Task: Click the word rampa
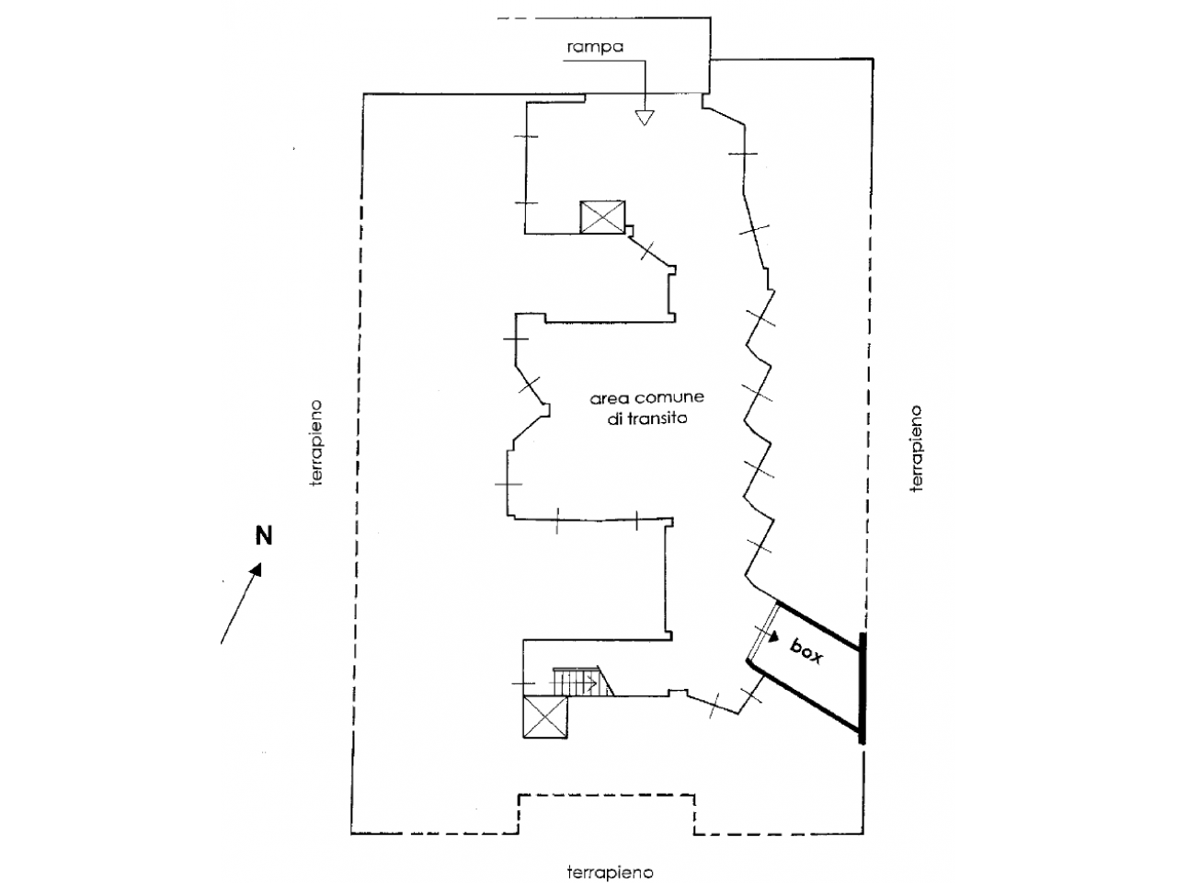point(595,47)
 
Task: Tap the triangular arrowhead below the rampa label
point(644,118)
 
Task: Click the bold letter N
point(263,535)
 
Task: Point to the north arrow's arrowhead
point(256,569)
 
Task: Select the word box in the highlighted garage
point(806,651)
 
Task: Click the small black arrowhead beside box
point(773,636)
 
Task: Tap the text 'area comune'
point(646,397)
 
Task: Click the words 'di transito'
point(647,418)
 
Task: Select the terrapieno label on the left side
point(316,442)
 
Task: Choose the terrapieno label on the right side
point(917,449)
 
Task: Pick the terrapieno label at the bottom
point(611,872)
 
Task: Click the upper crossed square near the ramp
point(602,217)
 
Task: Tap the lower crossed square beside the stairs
point(544,717)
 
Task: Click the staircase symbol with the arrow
point(583,682)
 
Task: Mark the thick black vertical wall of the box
point(862,688)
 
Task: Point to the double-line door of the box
point(763,633)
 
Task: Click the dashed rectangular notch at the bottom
point(607,795)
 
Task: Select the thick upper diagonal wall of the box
point(818,625)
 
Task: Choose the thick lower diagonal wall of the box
point(805,696)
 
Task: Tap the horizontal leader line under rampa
point(604,62)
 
